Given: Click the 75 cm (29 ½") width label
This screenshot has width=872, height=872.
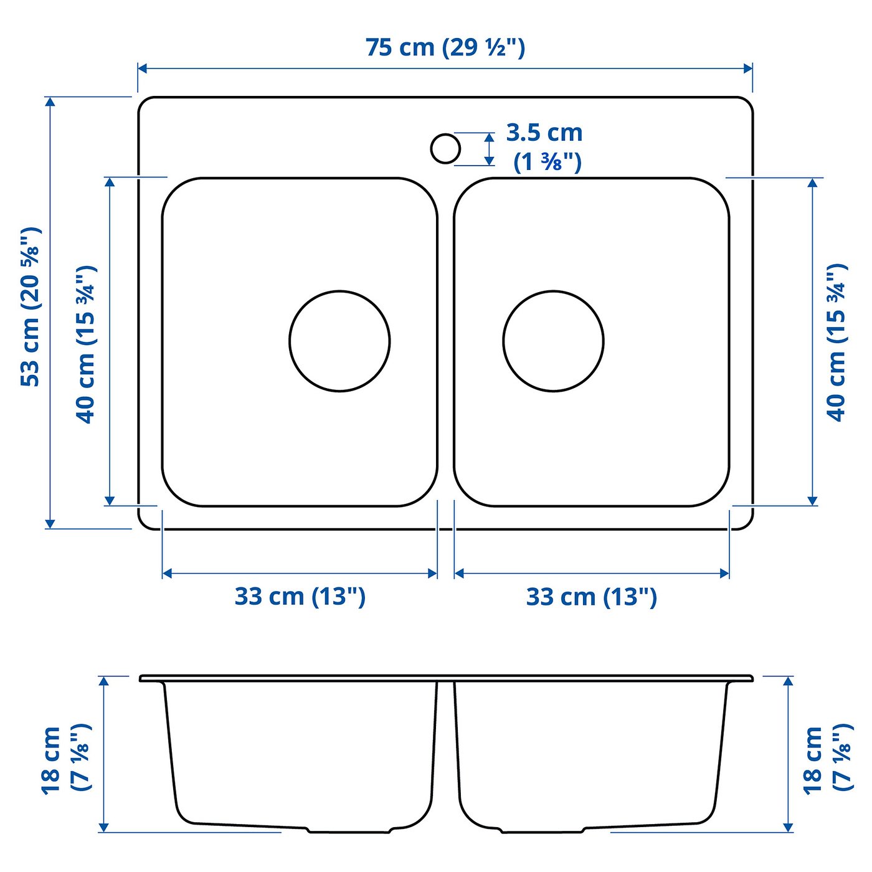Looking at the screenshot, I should point(445,47).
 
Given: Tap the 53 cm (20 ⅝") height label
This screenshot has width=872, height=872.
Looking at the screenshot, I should point(31,306).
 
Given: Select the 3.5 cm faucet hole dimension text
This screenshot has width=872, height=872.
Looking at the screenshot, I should point(544,133).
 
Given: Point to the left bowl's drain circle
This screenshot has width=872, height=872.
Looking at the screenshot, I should point(339,341).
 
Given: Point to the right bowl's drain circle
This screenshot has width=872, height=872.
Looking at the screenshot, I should point(553,341).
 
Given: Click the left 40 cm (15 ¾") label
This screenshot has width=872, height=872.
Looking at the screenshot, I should point(86,344).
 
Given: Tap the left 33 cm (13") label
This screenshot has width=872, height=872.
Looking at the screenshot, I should point(300,596).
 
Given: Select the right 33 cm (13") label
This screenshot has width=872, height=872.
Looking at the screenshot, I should point(592,597).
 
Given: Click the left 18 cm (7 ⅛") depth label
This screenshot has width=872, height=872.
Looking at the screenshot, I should point(66,759).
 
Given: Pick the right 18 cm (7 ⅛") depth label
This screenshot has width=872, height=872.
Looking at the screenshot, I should point(827,759).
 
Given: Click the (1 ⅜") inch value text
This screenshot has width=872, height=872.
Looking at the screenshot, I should point(547,162).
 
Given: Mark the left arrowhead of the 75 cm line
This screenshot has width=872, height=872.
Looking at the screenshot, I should point(143,69).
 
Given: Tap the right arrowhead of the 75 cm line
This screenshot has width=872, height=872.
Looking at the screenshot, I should point(748,69).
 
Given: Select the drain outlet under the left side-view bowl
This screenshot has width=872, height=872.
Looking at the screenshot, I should point(349,830).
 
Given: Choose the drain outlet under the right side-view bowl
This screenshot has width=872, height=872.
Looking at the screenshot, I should point(542,830).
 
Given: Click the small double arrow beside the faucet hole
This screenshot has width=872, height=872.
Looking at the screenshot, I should point(490,149).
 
